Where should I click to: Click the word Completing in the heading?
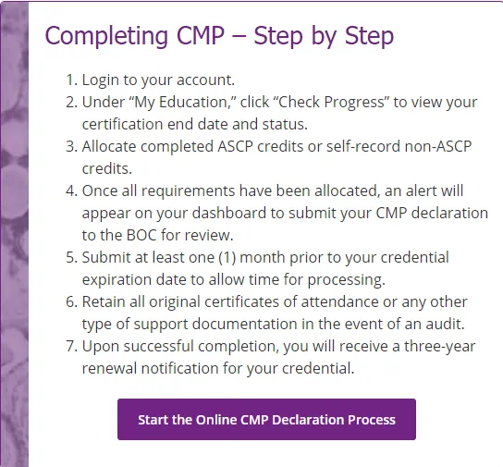[106, 36]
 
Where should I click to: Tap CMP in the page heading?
[201, 35]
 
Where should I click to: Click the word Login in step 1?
[101, 80]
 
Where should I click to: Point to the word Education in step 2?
[193, 102]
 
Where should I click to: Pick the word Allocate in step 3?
[109, 146]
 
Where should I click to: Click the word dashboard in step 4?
[229, 213]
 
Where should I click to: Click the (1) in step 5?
[227, 258]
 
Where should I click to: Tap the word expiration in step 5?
[117, 280]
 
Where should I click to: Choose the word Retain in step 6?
[104, 301]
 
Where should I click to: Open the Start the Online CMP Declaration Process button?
[266, 419]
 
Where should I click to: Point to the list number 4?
[71, 190]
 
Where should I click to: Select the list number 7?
[71, 347]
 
